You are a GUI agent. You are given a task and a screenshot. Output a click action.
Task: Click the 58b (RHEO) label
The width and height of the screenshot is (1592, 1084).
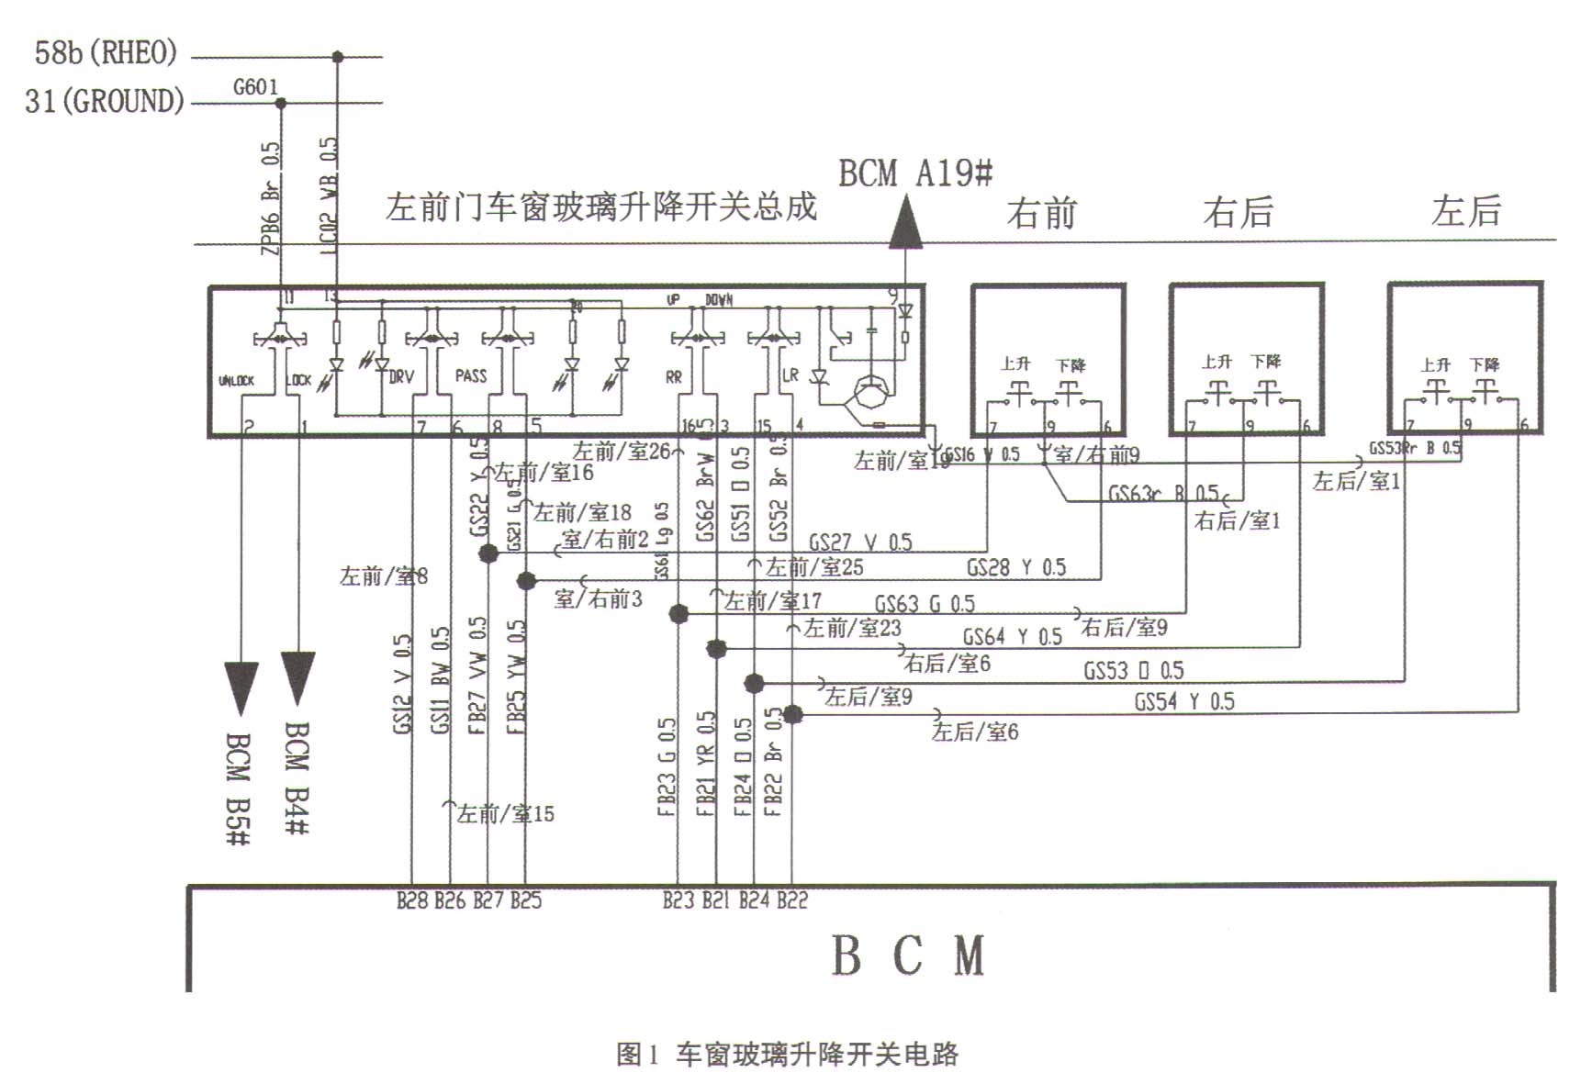(106, 52)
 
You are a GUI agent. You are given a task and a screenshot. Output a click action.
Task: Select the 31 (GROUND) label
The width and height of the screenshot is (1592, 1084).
(105, 100)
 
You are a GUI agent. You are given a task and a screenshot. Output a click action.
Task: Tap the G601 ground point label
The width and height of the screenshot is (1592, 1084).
(255, 87)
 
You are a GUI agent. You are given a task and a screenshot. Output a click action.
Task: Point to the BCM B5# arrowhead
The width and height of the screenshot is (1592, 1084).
(241, 687)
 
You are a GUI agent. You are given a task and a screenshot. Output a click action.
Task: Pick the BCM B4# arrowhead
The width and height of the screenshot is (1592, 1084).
(297, 677)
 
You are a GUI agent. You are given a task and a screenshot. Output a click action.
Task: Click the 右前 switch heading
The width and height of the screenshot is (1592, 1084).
(1041, 213)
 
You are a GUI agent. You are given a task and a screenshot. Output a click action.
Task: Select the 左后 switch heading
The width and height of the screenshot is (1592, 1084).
(1465, 211)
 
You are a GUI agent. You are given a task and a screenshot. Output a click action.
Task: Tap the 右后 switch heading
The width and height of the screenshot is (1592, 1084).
(1239, 212)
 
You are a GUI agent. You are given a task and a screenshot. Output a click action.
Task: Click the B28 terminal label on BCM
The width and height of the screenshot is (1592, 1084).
(412, 900)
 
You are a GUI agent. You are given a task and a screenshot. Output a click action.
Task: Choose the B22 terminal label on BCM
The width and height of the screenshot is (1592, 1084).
(792, 900)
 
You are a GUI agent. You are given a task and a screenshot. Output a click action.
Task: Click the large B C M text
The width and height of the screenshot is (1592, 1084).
(908, 955)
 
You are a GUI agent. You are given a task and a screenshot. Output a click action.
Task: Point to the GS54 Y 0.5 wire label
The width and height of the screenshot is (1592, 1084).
(1184, 702)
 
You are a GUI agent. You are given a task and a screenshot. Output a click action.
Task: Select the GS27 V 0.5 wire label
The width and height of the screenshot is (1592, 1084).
(859, 542)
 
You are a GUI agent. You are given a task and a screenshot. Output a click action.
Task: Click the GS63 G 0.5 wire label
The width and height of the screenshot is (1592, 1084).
(924, 604)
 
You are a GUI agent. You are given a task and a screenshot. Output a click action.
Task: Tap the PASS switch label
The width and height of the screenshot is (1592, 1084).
(471, 375)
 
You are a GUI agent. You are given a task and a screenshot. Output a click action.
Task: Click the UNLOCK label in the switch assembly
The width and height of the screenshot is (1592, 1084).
(237, 380)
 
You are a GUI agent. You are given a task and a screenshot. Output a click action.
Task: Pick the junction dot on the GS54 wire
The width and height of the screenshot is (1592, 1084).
(793, 714)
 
